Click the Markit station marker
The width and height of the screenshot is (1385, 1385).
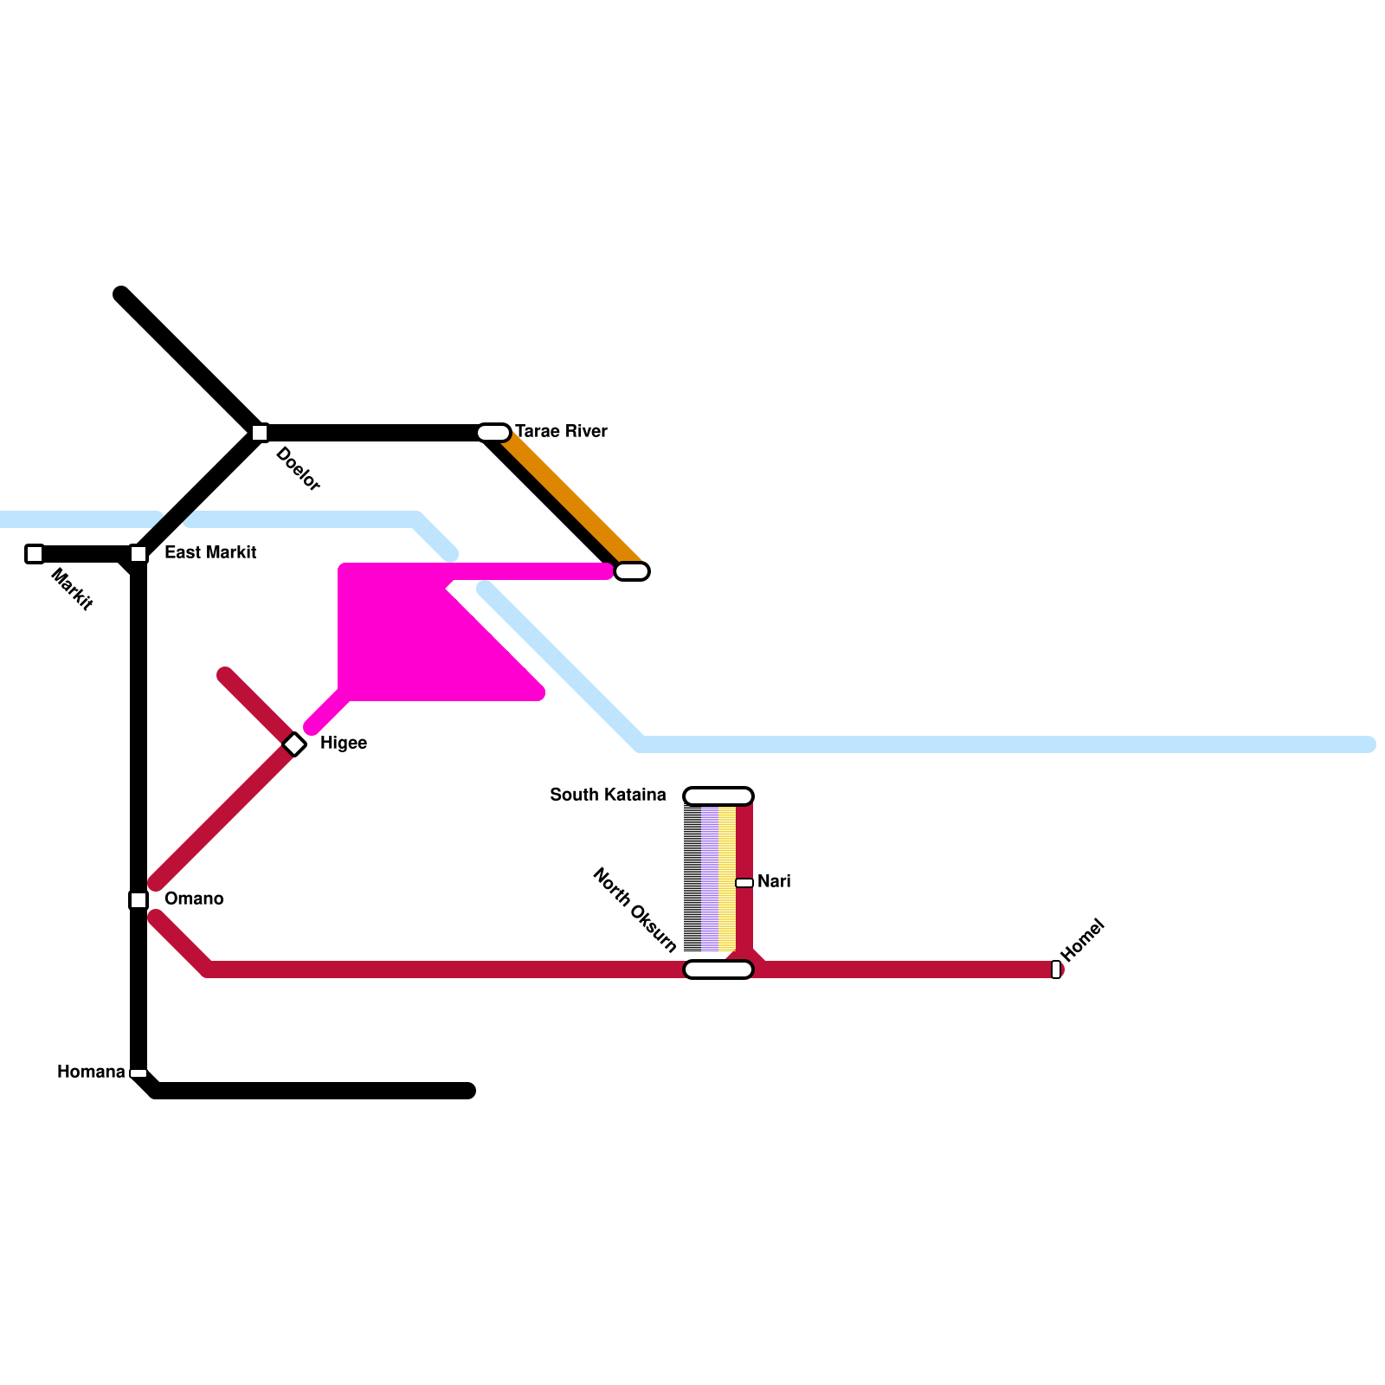(35, 554)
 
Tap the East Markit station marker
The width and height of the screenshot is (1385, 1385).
(138, 554)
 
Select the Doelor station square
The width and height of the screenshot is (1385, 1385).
(260, 433)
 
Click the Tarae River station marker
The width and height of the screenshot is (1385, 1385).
(493, 433)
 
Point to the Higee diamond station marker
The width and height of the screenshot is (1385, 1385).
(294, 744)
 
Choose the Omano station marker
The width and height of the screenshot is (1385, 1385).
(138, 900)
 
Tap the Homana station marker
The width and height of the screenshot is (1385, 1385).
(138, 1073)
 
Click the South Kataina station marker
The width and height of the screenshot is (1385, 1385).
(718, 796)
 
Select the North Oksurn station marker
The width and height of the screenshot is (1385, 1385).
(718, 969)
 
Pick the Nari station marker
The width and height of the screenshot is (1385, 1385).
(744, 883)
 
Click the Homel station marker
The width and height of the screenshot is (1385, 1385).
(1056, 969)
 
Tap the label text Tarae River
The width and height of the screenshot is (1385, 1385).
(561, 431)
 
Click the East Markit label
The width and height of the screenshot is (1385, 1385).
(210, 552)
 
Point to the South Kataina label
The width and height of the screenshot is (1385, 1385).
(608, 795)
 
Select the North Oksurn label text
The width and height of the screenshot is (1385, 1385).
(635, 910)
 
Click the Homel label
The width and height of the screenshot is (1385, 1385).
(1083, 940)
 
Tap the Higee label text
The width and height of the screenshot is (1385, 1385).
(344, 743)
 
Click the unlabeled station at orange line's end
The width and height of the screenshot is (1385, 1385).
(632, 571)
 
